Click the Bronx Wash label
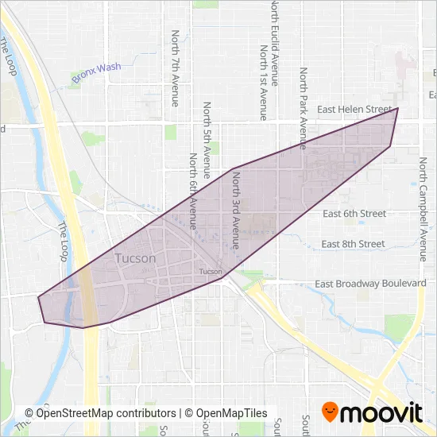coord(96,73)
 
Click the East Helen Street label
coord(354,109)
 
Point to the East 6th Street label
coord(354,214)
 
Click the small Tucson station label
coord(211,272)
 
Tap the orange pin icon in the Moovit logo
coord(330,412)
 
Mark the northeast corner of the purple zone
coord(397,108)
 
